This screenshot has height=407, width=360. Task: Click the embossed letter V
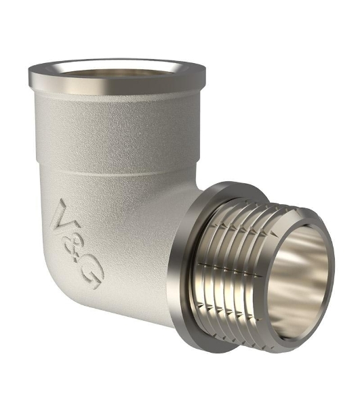tap(64, 216)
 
